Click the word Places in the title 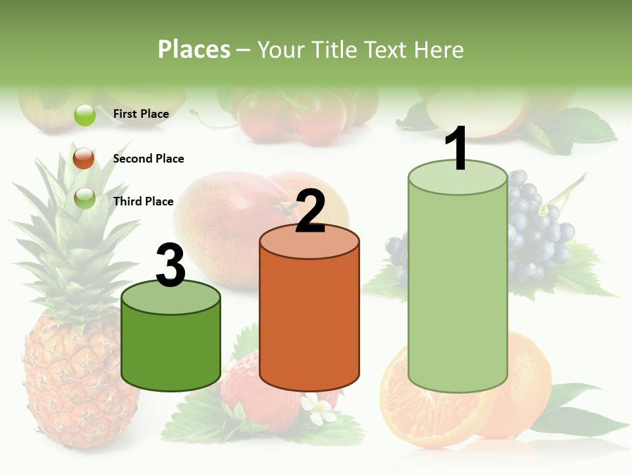(x=194, y=49)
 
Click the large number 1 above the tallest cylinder (x=458, y=149)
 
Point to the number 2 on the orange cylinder (x=310, y=211)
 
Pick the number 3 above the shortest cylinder (x=171, y=265)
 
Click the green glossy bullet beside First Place (x=85, y=115)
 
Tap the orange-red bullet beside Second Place (x=84, y=159)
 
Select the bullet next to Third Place (x=84, y=198)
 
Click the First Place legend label (x=141, y=114)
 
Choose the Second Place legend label (x=148, y=159)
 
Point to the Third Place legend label (x=143, y=201)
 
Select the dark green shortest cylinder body (x=171, y=349)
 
